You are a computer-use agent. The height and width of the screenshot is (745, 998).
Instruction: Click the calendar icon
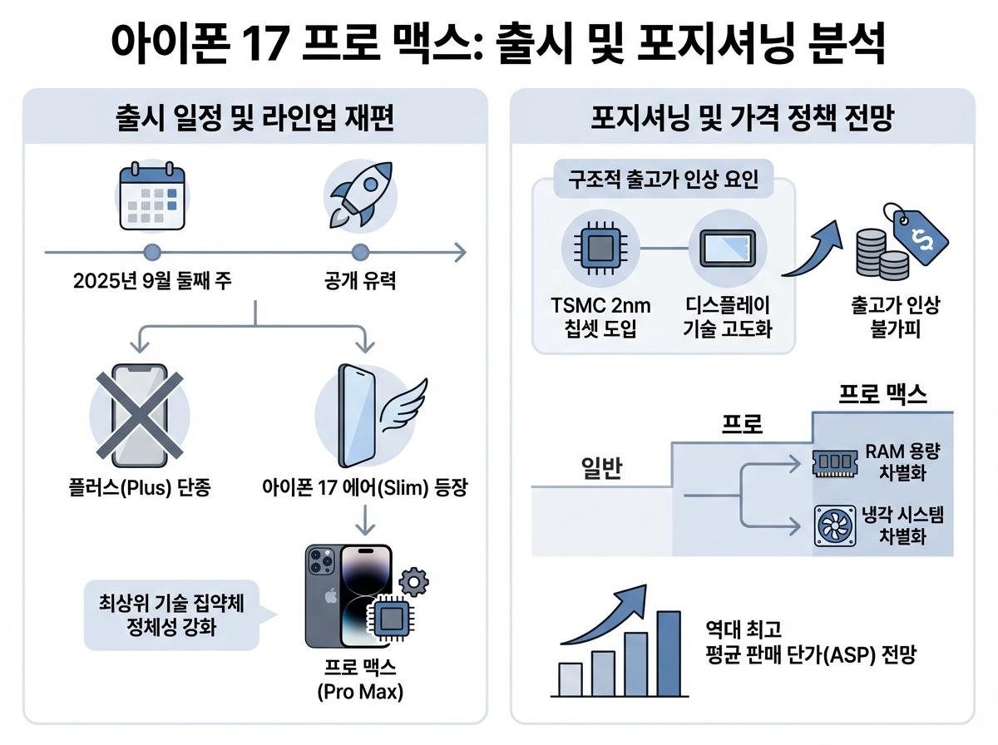point(151,197)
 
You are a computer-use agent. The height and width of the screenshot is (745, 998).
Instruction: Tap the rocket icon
point(359,195)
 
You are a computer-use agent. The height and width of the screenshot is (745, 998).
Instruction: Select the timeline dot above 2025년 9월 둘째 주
point(151,252)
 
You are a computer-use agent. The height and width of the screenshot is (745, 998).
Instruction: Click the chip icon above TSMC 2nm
point(600,246)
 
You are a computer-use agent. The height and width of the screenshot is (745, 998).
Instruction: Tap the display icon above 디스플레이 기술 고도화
point(727,246)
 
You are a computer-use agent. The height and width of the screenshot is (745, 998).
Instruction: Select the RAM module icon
point(834,462)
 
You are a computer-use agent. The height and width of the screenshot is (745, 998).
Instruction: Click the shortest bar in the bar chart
point(570,679)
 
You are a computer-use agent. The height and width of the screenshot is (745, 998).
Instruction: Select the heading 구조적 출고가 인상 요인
point(663,180)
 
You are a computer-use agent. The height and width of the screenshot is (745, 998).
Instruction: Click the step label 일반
point(601,470)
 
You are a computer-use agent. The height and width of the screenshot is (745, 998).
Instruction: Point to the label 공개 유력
point(359,281)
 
